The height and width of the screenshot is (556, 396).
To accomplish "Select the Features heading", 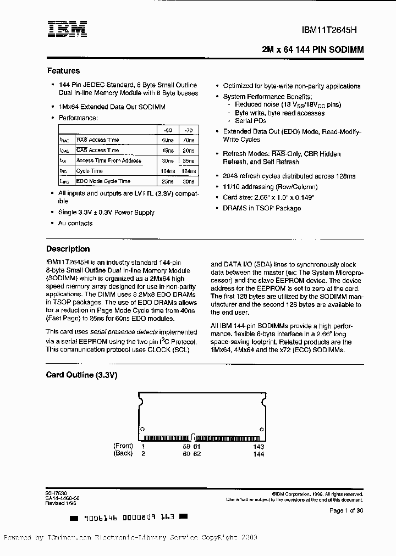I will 63,71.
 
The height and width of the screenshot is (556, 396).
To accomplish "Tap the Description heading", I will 68,249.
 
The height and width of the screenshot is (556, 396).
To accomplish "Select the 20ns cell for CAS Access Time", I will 188,150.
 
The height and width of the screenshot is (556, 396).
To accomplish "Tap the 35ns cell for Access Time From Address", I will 188,160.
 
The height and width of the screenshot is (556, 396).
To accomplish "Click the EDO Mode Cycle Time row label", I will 103,181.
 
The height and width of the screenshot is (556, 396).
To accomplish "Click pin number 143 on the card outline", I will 258,446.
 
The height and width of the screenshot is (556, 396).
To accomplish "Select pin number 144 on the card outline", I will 258,454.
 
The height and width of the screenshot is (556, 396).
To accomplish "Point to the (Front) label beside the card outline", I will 123,446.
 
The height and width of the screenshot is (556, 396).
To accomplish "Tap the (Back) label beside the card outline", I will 123,453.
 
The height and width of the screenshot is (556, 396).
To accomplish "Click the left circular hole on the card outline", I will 142,429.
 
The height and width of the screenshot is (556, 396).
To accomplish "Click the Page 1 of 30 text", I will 346,510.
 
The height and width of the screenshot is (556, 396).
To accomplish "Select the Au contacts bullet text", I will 75,223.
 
